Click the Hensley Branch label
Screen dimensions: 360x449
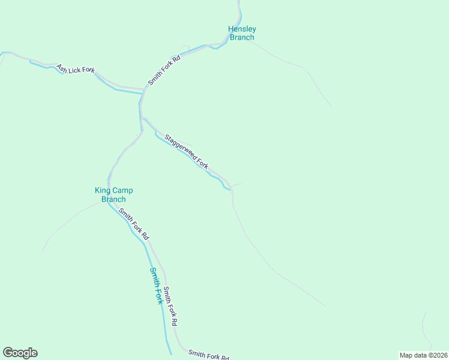242,33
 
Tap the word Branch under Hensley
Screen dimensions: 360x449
242,37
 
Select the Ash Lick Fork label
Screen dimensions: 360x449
76,70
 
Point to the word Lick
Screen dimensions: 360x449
76,70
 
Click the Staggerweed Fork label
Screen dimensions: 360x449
186,151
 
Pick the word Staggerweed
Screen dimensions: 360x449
181,146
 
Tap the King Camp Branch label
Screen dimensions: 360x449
113,195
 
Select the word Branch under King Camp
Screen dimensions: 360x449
113,200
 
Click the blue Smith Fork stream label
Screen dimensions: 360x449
156,286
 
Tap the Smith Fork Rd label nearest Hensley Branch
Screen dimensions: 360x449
164,70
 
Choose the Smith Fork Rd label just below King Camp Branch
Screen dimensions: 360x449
133,224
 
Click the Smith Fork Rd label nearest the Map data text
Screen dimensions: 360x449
208,355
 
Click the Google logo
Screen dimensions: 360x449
20,353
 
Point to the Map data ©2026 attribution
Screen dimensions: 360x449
423,355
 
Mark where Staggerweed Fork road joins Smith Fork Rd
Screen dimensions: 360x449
142,118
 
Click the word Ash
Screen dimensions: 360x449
61,67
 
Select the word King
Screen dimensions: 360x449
103,191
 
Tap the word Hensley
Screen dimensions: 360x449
242,29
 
